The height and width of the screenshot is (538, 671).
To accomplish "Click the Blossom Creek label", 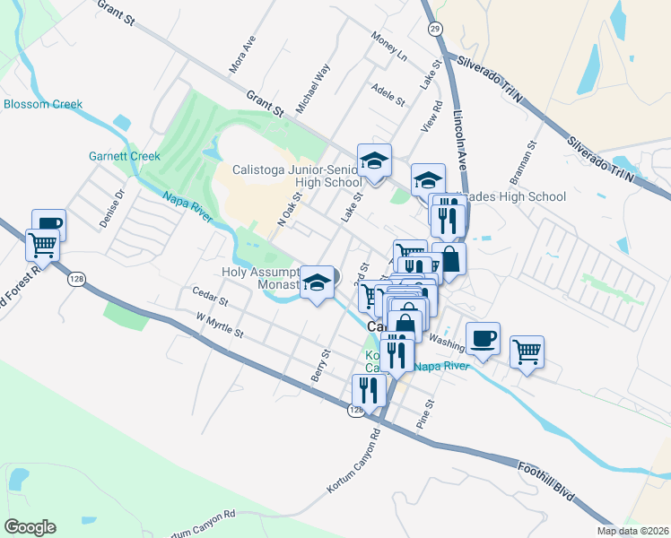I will point(43,105).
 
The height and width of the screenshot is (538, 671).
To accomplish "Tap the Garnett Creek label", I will point(124,156).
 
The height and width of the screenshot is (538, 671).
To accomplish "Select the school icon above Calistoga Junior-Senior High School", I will point(374,161).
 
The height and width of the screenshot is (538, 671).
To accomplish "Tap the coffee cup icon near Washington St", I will point(483,338).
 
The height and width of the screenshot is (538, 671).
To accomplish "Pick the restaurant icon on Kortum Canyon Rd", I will point(369,389).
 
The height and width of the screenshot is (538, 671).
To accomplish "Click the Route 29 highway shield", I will point(433,30).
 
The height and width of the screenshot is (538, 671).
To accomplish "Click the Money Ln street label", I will point(389,46).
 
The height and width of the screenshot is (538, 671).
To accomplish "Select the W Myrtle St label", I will point(220,325).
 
